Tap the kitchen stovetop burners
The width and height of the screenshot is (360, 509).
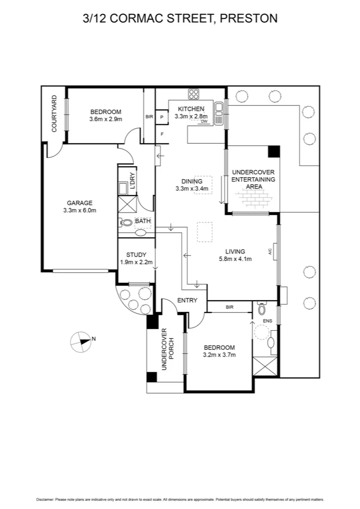pyautogui.click(x=194, y=94)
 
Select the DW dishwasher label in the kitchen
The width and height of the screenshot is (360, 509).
pyautogui.click(x=204, y=122)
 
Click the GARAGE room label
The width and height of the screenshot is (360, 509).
pyautogui.click(x=79, y=203)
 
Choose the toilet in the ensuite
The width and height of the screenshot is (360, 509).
pyautogui.click(x=262, y=309)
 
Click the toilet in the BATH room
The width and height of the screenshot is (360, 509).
pyautogui.click(x=126, y=223)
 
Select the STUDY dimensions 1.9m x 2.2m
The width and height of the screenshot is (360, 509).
pyautogui.click(x=136, y=262)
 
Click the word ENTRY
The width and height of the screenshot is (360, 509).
pyautogui.click(x=187, y=300)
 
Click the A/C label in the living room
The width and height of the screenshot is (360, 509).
pyautogui.click(x=270, y=252)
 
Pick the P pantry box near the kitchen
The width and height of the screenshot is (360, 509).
pyautogui.click(x=162, y=117)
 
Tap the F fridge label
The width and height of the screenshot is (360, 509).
pyautogui.click(x=162, y=134)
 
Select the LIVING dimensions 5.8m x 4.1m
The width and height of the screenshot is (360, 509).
pyautogui.click(x=235, y=258)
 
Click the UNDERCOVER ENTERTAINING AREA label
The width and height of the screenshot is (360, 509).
pyautogui.click(x=254, y=180)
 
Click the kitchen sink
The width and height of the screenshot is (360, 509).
pyautogui.click(x=219, y=114)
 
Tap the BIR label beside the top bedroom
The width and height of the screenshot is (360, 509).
pyautogui.click(x=149, y=116)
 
